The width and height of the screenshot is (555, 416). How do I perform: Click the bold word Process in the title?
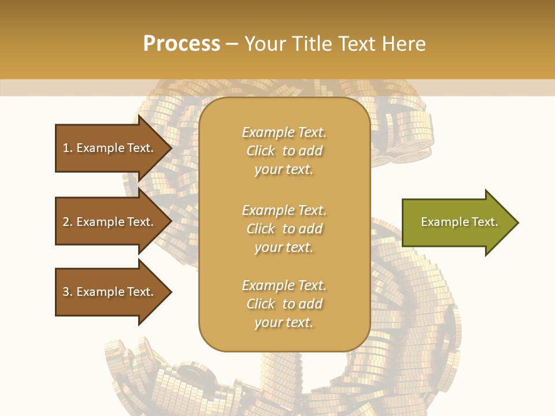[x=182, y=44]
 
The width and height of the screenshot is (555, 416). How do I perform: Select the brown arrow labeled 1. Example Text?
[x=110, y=148]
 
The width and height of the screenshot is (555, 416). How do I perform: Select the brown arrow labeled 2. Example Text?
[x=110, y=222]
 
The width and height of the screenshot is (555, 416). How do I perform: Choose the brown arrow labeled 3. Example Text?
[x=110, y=292]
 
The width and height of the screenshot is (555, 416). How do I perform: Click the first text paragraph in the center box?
[x=284, y=151]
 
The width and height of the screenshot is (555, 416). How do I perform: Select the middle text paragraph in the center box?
[x=284, y=229]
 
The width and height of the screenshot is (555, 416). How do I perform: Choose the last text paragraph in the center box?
[x=284, y=304]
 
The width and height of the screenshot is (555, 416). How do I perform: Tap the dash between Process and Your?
[x=232, y=44]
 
